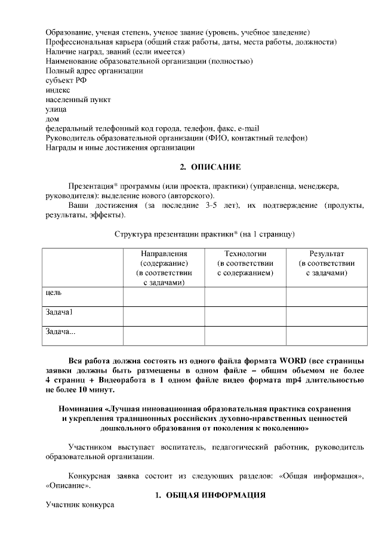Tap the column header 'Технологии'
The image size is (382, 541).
click(x=245, y=254)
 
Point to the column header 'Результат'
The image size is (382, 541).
click(x=326, y=254)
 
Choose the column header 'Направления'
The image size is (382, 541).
click(x=164, y=254)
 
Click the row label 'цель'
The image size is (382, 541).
click(x=54, y=293)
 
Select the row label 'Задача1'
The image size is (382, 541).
click(x=59, y=312)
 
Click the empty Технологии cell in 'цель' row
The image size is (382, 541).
click(x=245, y=297)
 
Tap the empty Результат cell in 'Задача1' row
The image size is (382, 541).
click(x=326, y=316)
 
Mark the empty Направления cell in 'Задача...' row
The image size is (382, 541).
click(x=164, y=336)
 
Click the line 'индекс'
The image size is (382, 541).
click(x=58, y=90)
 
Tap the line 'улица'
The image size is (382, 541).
click(x=56, y=109)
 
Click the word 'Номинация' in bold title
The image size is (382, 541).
click(x=81, y=409)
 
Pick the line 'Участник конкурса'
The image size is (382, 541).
click(x=79, y=505)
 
